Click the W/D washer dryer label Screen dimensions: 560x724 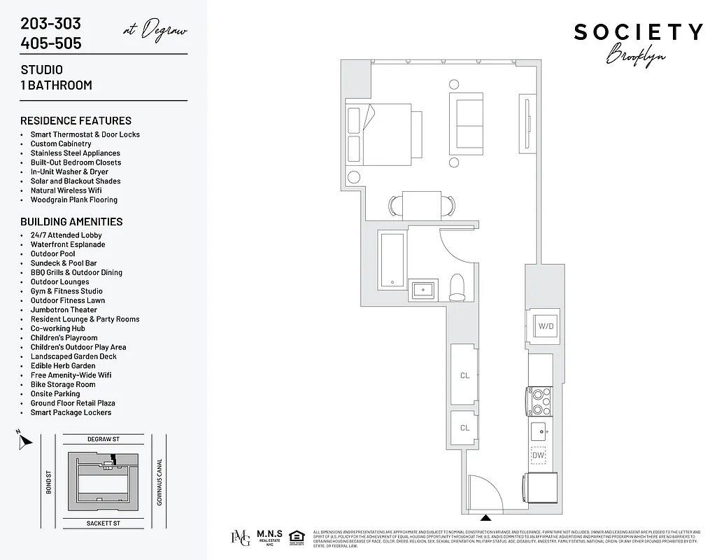tap(545, 325)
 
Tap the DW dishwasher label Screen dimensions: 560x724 tap(538, 455)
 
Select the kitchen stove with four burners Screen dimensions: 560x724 tap(539, 402)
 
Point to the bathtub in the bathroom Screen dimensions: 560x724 tap(392, 261)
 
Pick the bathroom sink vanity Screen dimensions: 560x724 tap(423, 289)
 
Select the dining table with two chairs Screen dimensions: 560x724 tap(422, 204)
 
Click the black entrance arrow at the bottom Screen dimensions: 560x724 tap(485, 519)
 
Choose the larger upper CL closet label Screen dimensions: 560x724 tap(464, 376)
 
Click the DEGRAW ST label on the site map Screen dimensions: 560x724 tap(104, 439)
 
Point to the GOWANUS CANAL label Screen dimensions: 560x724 tap(159, 482)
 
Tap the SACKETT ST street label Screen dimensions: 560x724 tap(104, 522)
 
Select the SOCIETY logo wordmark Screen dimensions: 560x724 tap(638, 32)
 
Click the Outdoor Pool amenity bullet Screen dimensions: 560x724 tap(52, 254)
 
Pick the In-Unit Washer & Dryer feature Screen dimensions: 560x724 tap(69, 171)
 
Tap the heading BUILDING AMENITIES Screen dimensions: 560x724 tap(71, 221)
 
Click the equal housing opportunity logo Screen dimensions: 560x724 tap(297, 537)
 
